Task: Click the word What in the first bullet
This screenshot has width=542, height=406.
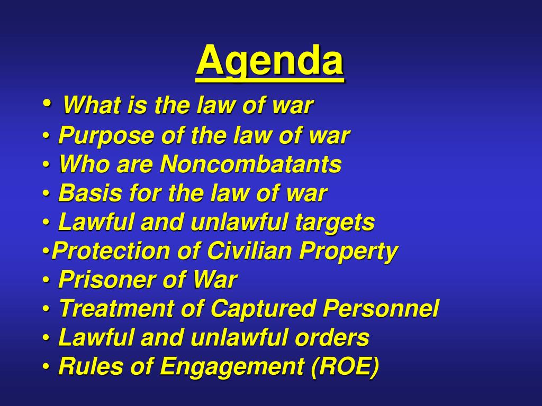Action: (91, 106)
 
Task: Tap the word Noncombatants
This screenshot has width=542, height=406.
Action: (251, 164)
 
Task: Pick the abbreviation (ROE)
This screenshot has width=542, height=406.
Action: (345, 366)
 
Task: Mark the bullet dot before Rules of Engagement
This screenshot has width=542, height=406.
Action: (46, 366)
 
